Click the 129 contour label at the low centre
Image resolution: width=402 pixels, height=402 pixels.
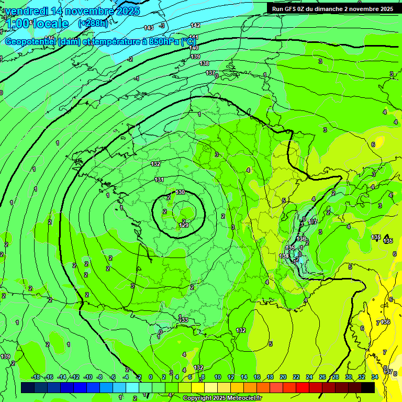click(184, 225)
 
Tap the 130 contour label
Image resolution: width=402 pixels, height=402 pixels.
click(180, 193)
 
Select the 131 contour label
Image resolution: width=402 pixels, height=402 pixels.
click(159, 180)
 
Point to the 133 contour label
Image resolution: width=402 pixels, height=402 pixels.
click(183, 320)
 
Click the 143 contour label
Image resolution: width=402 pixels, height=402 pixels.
click(149, 27)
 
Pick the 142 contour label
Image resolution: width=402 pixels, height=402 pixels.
click(195, 25)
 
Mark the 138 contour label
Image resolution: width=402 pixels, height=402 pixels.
click(205, 64)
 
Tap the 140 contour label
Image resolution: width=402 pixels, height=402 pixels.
click(194, 48)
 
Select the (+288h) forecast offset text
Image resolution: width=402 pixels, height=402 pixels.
click(93, 23)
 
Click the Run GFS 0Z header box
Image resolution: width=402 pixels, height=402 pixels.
click(332, 8)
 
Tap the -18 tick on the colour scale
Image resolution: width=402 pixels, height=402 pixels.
click(36, 377)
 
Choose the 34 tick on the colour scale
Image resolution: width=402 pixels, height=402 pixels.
click(375, 377)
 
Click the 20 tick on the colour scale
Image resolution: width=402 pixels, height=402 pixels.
click(283, 377)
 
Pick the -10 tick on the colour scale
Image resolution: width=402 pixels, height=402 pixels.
click(88, 377)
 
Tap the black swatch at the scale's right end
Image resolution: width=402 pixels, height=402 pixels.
click(368, 387)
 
